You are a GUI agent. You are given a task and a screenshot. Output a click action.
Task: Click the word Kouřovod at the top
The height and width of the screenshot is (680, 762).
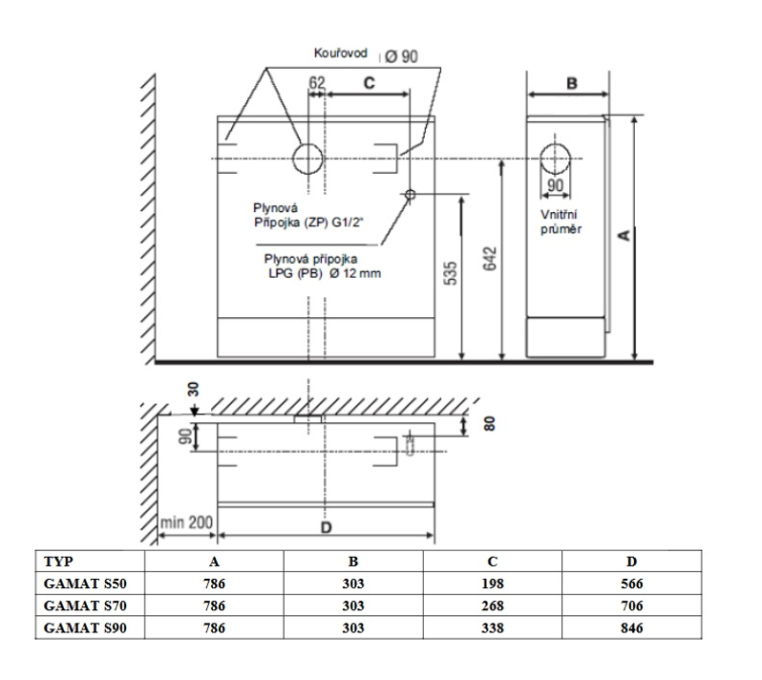pos(340,53)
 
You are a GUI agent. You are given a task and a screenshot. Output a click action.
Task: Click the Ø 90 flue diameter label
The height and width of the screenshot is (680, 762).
pos(401,56)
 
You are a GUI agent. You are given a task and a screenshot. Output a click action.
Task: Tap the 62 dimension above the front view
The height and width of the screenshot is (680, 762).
pos(317,83)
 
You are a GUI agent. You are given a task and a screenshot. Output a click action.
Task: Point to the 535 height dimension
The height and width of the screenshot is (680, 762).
pos(451,273)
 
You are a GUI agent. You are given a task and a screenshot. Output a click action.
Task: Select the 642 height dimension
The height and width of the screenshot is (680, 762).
pos(490,259)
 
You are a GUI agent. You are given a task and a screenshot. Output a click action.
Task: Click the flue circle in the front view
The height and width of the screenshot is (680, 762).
pos(307,159)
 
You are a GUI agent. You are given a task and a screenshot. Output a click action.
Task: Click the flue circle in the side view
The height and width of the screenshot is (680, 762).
pos(555,159)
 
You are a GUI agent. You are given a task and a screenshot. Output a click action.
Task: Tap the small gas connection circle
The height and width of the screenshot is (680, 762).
pos(411,195)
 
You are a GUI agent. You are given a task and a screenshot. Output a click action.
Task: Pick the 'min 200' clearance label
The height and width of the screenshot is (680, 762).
pos(186,522)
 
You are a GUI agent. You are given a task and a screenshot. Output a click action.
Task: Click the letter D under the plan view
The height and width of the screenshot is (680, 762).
pos(327,527)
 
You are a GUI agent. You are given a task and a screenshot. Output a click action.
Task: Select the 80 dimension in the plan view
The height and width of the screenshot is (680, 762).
pos(490,423)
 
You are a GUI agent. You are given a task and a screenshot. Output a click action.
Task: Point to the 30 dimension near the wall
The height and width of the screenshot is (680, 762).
pos(194,389)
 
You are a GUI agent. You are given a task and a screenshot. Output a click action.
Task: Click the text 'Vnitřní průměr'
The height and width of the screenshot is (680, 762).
pos(561,222)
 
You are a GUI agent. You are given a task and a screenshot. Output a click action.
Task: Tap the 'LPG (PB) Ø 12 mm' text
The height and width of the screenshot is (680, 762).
pos(325,273)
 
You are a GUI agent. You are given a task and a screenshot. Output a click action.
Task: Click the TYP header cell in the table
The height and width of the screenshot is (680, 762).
pos(58,562)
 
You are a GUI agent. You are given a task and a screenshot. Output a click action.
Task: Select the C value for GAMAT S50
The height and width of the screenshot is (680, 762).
pos(493,584)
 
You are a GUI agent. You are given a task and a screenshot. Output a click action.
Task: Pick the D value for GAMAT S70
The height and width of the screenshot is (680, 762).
pos(632,606)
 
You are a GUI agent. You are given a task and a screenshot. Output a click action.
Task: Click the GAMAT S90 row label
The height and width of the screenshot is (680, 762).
pos(85,628)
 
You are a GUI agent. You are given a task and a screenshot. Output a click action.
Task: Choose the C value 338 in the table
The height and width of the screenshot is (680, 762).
pos(493,628)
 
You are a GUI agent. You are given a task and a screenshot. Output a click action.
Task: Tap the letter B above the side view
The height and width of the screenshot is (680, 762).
pos(572,83)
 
